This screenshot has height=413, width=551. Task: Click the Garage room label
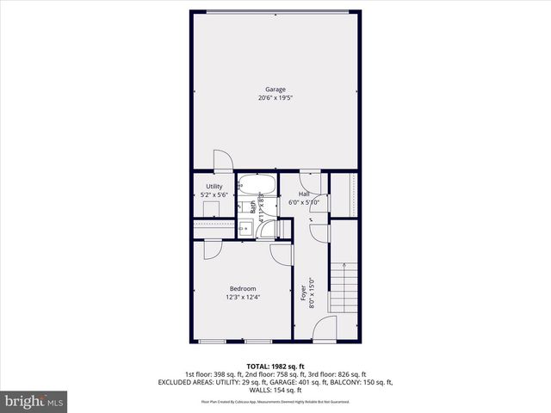coord(275,89)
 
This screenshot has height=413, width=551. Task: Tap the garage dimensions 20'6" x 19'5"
coord(275,98)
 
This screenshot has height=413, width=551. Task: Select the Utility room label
coord(214,186)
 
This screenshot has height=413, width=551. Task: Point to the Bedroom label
coord(242,288)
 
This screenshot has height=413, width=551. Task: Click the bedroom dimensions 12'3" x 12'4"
coord(242,298)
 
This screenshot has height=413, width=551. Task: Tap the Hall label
coord(304,194)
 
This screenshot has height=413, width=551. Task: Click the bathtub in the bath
coord(256,184)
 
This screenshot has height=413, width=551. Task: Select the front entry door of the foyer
coord(324,330)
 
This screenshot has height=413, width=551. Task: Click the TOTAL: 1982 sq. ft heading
coord(275,366)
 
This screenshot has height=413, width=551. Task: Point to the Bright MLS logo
coord(34,401)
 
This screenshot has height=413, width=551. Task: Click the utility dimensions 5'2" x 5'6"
coord(214,195)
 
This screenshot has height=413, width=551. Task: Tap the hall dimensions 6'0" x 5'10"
coord(309,203)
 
